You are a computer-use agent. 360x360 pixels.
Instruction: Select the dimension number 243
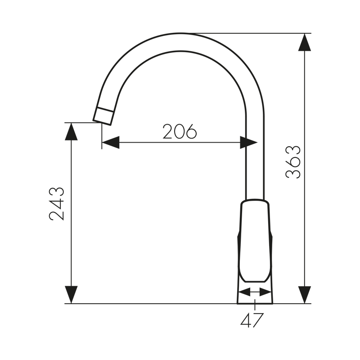pyautogui.click(x=57, y=203)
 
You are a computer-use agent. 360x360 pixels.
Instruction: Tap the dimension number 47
pyautogui.click(x=252, y=321)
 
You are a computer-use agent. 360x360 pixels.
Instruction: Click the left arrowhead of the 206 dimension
pyautogui.click(x=111, y=143)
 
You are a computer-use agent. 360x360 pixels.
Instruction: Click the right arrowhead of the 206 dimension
pyautogui.click(x=248, y=143)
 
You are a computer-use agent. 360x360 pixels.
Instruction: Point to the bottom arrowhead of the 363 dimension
pyautogui.click(x=305, y=295)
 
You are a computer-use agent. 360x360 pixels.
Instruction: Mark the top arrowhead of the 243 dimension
pyautogui.click(x=71, y=131)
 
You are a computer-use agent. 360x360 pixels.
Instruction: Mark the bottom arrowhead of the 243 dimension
pyautogui.click(x=71, y=295)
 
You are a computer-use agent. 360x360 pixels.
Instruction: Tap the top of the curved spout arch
pyautogui.click(x=180, y=41)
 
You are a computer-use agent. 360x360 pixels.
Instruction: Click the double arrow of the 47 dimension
pyautogui.click(x=255, y=292)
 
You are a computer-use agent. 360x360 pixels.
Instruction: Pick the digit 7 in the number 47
pyautogui.click(x=258, y=321)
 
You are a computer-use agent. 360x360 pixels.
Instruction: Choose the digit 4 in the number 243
pyautogui.click(x=57, y=203)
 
